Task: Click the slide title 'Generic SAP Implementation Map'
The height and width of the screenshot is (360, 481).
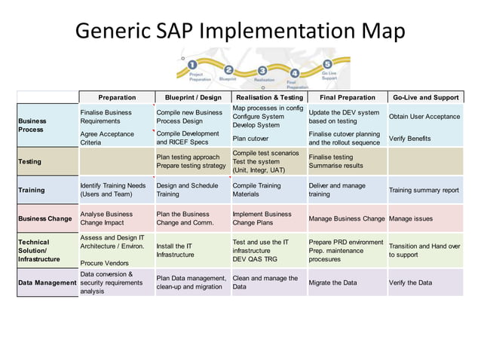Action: pos(240,31)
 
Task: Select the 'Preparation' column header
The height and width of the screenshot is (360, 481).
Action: pos(117,97)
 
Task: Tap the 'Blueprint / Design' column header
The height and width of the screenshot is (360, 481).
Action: pos(193,97)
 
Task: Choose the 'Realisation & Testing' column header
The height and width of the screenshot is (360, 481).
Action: pos(269,97)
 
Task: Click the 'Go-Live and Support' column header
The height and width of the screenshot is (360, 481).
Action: pos(425,97)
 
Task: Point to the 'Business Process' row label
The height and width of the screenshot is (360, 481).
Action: pos(32,125)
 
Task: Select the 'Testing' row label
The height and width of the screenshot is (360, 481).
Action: pos(30,161)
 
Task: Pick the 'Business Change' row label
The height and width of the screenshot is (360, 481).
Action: pos(45,218)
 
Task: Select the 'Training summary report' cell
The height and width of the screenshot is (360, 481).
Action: pos(424,191)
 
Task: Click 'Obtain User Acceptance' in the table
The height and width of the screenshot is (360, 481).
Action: pos(424,117)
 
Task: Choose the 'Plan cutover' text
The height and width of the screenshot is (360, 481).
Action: pos(250,139)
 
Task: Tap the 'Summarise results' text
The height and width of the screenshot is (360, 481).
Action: pos(336,166)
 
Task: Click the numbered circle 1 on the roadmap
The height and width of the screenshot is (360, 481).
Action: pos(193,66)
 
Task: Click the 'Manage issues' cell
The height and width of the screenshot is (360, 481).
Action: pos(411,218)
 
